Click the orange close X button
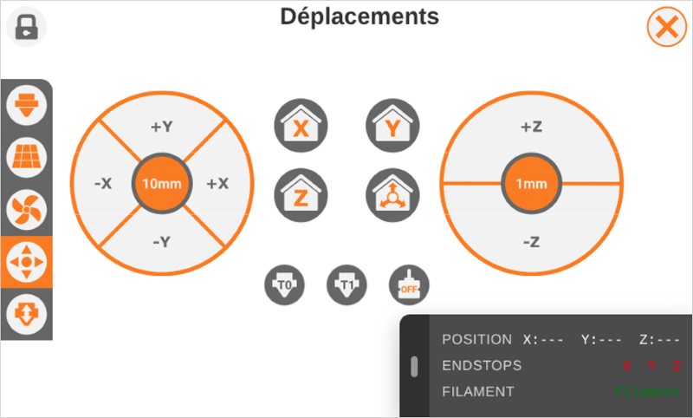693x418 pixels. tap(666, 27)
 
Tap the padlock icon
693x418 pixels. tap(27, 27)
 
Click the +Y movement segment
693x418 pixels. tap(162, 127)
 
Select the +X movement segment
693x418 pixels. tap(217, 184)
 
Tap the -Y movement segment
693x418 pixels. tap(162, 242)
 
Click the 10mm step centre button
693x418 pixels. tap(162, 184)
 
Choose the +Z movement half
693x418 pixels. tap(531, 127)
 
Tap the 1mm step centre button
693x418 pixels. tap(531, 184)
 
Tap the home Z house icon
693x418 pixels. tap(301, 194)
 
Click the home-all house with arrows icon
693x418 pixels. tap(392, 194)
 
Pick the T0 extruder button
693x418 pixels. tap(285, 284)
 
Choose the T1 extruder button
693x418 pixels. tap(347, 284)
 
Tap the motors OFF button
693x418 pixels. tap(409, 284)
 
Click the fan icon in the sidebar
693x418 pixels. tap(27, 208)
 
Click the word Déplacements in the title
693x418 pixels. tap(359, 16)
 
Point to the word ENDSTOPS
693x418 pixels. tap(482, 366)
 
